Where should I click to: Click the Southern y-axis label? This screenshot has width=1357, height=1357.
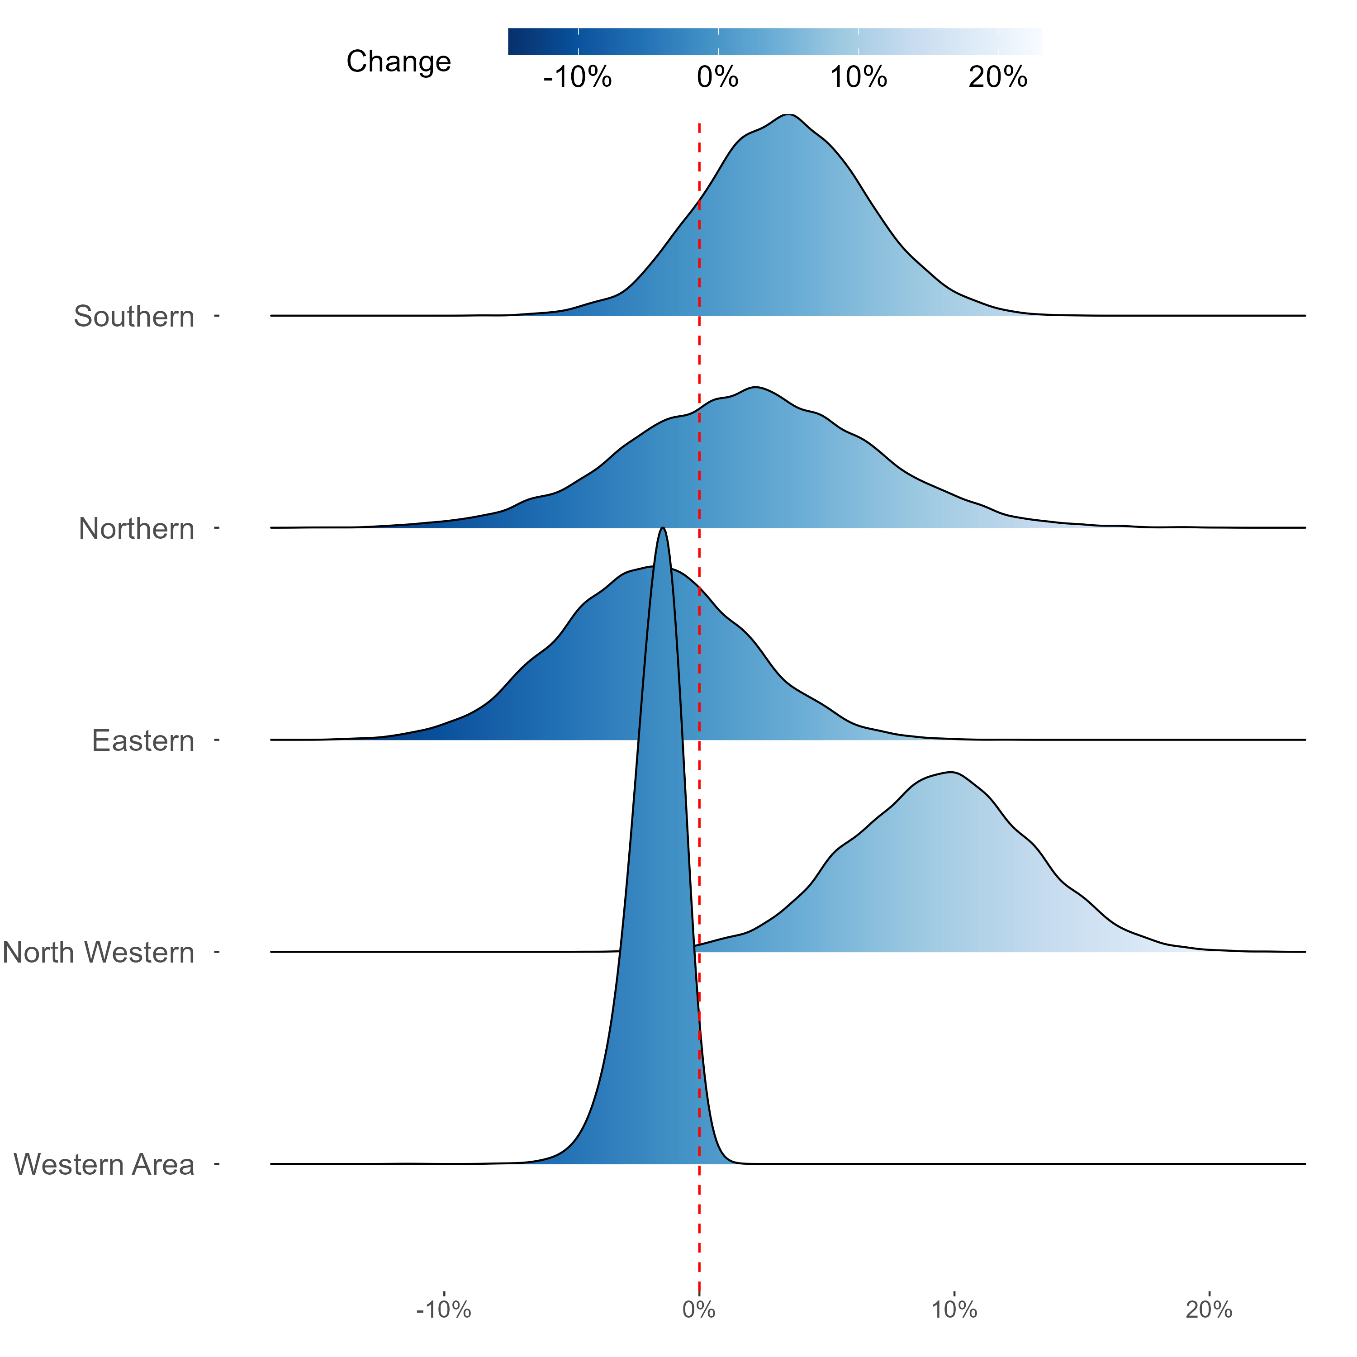point(134,317)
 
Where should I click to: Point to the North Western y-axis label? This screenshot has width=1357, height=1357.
point(98,953)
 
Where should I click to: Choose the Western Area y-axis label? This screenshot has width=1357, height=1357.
point(104,1165)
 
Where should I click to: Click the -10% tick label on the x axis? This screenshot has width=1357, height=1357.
point(444,1310)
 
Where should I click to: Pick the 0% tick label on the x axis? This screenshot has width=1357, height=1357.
point(699,1310)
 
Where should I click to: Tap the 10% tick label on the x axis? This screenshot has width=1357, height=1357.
point(954,1310)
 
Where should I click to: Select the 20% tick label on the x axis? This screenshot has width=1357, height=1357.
point(1209,1310)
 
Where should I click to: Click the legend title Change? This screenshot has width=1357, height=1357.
point(398,62)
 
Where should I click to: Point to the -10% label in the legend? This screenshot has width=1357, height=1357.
point(577,77)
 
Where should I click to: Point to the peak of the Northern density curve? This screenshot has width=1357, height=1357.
point(756,387)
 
